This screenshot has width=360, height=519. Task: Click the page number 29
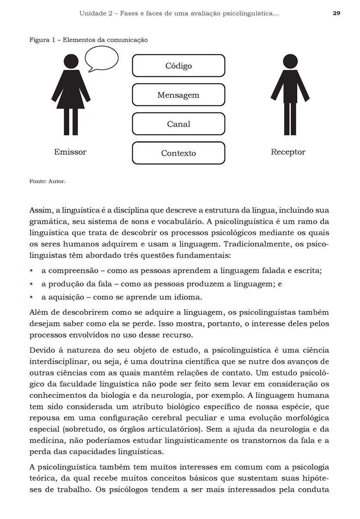coord(336,13)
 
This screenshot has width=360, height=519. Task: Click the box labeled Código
coord(178,66)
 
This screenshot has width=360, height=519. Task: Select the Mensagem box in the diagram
coord(178,95)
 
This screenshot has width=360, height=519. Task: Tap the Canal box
coord(178,124)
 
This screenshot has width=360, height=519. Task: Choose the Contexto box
coord(178,153)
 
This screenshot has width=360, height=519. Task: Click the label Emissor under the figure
coord(70,152)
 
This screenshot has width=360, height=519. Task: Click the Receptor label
coord(288,152)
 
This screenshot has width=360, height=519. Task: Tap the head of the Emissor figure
coord(71,61)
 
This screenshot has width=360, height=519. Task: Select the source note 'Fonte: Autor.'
coord(47,182)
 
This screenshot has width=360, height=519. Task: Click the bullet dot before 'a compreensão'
coord(31,271)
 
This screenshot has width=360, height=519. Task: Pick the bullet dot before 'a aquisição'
coord(31,298)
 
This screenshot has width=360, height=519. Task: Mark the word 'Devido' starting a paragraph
coord(41,350)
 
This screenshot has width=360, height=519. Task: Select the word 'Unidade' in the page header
coord(93,13)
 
